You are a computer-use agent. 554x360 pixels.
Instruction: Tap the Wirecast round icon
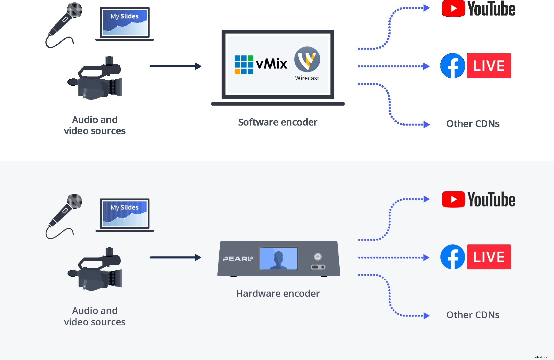307,59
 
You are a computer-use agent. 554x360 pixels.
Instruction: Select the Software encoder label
278,122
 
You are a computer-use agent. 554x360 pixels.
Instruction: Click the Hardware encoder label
278,293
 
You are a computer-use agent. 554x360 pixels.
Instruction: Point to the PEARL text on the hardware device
238,259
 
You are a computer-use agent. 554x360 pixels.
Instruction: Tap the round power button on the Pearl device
318,257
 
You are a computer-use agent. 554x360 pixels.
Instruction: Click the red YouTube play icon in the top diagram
453,8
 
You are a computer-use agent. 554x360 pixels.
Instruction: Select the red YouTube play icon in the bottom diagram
453,199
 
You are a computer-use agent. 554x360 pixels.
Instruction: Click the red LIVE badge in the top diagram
489,66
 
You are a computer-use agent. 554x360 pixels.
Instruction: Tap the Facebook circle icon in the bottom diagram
453,257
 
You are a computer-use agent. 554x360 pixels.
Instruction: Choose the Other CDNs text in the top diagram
473,124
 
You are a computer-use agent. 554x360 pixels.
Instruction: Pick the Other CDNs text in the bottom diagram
473,315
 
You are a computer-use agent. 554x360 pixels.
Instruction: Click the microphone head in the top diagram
75,10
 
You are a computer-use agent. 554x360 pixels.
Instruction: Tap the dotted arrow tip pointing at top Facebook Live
426,66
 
